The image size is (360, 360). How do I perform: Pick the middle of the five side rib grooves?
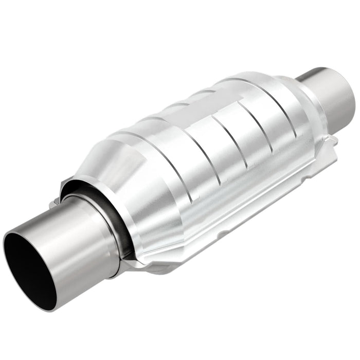click(242, 136)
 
